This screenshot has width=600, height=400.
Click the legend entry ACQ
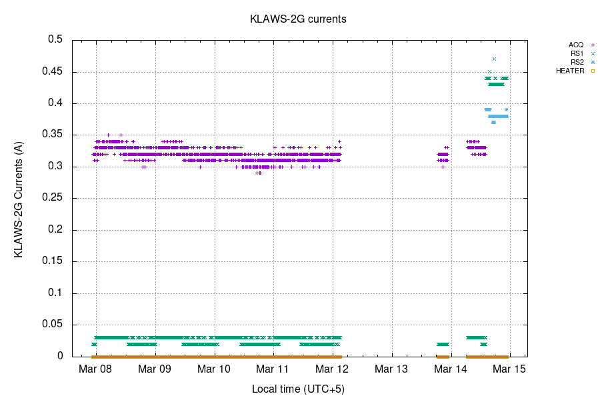[x=577, y=45]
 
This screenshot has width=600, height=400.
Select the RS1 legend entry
[x=577, y=53]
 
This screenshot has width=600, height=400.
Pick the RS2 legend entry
[x=577, y=62]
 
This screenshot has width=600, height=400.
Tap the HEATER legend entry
[x=570, y=71]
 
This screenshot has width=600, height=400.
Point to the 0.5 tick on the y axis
[x=55, y=40]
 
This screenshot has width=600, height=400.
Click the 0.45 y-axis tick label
[x=52, y=72]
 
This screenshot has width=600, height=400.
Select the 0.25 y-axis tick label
[x=52, y=199]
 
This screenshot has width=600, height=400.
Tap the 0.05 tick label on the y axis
[x=52, y=325]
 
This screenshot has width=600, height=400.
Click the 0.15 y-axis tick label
[x=52, y=262]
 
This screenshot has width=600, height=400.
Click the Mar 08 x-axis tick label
[x=96, y=369]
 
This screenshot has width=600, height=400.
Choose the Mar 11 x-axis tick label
[x=273, y=369]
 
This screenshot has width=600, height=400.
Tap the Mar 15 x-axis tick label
[x=510, y=369]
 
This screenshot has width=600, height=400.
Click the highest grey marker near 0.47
[x=494, y=59]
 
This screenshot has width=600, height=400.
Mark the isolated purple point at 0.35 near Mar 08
[x=109, y=135]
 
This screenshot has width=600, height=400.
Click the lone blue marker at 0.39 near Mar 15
[x=506, y=109]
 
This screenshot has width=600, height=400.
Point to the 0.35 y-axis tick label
[x=52, y=135]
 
